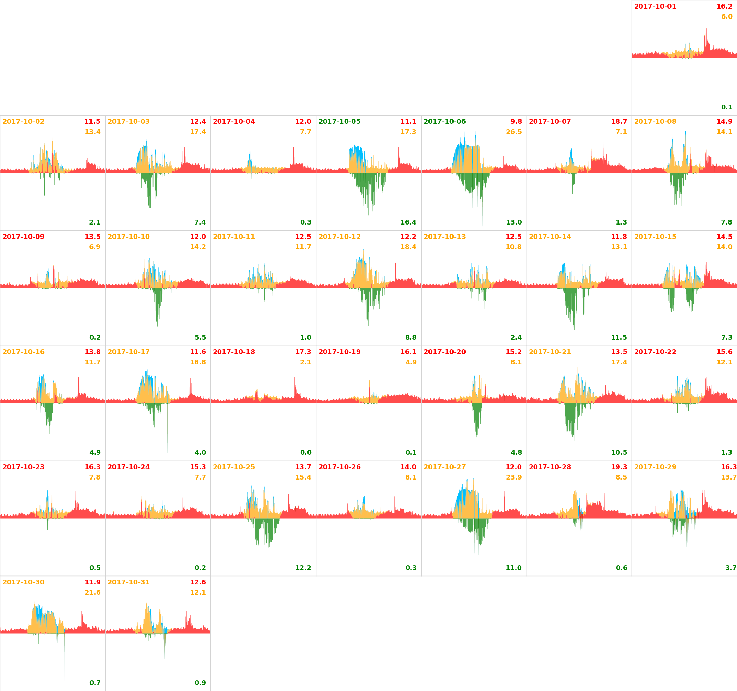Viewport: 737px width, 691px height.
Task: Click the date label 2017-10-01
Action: [655, 6]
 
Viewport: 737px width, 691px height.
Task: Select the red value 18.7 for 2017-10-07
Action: [619, 122]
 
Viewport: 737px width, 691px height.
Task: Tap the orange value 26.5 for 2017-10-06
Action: [514, 132]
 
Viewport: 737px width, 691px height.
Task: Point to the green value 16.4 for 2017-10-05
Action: [408, 222]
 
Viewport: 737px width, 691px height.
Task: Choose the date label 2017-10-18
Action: [233, 352]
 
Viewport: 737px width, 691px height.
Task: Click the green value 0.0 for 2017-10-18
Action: [306, 453]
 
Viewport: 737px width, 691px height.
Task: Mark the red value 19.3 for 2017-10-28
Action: [619, 467]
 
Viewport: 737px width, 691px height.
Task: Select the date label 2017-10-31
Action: [128, 582]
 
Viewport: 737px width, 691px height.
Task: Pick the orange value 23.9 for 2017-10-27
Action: [514, 477]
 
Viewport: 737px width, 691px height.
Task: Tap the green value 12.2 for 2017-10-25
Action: [303, 568]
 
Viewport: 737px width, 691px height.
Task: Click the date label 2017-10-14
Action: [550, 237]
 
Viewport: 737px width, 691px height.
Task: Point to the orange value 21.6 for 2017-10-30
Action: [92, 592]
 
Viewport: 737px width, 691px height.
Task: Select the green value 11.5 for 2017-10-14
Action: [619, 337]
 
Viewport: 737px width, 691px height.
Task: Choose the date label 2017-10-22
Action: [655, 352]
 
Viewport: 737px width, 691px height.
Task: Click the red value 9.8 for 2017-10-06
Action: [516, 122]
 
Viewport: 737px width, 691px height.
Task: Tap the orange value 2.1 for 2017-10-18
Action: [305, 362]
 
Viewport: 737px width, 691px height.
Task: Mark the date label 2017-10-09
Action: [23, 237]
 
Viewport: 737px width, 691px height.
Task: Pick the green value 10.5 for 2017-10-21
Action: [619, 453]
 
